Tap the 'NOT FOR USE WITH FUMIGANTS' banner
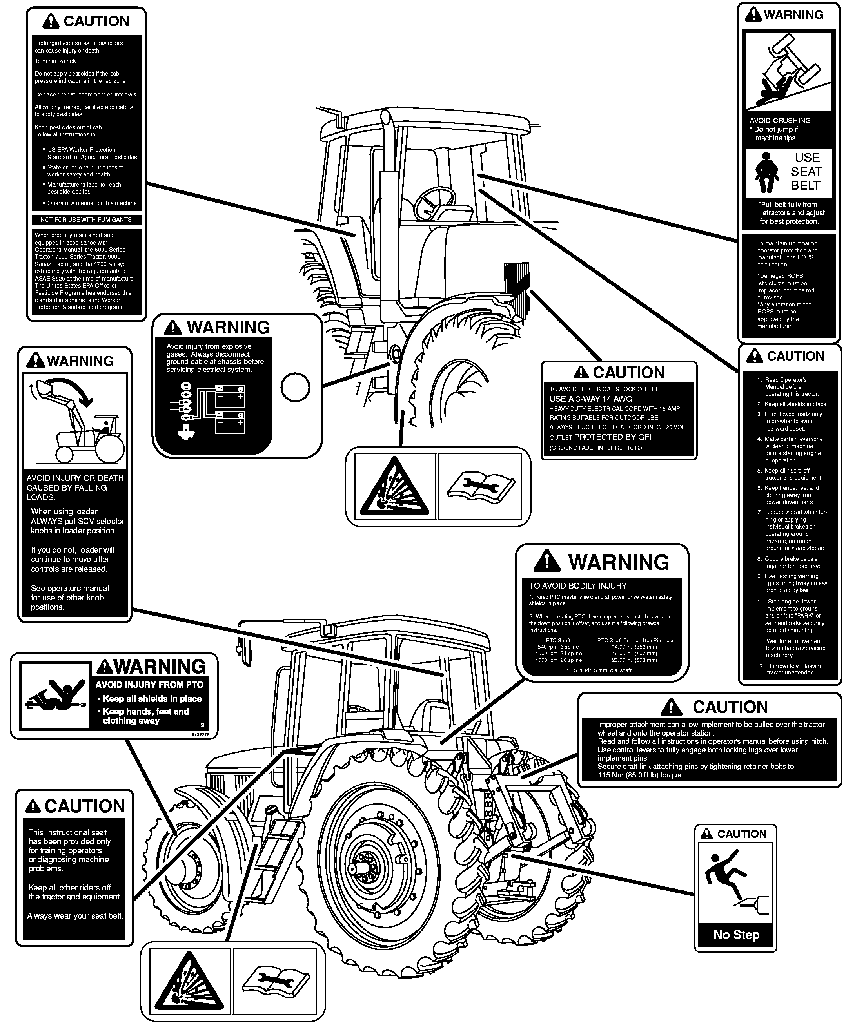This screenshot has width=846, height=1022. [x=86, y=220]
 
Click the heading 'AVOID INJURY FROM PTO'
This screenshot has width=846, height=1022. [x=149, y=685]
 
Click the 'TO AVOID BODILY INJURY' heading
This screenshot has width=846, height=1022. [x=578, y=586]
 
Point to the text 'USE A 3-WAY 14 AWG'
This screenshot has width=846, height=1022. [x=591, y=399]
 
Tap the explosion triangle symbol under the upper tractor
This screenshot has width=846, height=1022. [x=394, y=487]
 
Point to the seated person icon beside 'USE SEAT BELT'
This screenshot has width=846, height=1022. [x=767, y=173]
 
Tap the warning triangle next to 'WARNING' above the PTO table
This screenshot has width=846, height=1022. [x=546, y=561]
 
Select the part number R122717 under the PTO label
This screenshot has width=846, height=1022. [x=200, y=735]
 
